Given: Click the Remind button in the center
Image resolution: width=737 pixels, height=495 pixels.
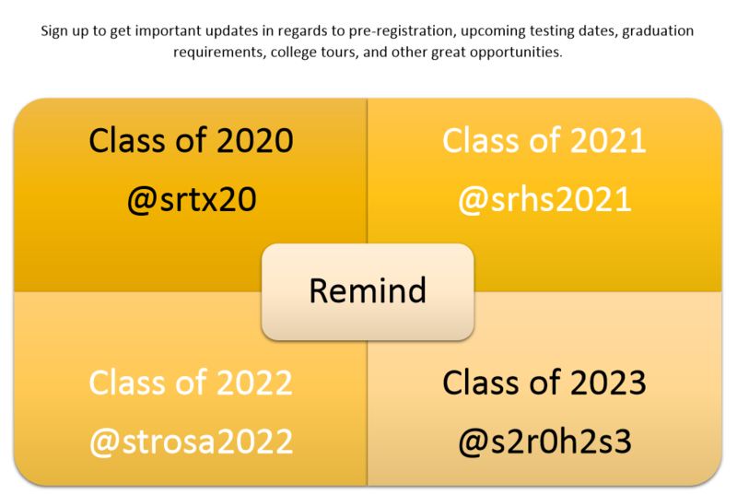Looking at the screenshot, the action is [368, 291].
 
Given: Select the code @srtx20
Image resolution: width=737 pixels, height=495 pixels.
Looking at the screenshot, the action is [192, 200].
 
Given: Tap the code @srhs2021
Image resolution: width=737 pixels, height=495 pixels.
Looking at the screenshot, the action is [544, 200].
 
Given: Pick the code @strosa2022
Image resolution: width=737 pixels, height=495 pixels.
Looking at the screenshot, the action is [192, 442].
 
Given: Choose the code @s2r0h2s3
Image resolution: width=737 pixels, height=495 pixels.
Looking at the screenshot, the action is [544, 442].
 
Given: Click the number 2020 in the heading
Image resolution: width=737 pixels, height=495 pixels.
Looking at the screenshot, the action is [255, 141].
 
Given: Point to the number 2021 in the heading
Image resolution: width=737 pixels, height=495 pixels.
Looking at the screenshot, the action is [608, 141].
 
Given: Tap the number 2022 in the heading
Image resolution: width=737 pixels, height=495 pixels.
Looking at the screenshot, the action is [255, 383].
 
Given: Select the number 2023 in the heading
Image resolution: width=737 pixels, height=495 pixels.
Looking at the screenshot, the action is [608, 383].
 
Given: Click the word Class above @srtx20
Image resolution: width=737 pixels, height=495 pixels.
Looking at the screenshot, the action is [127, 140].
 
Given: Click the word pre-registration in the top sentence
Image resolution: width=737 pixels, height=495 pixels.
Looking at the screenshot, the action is [401, 31].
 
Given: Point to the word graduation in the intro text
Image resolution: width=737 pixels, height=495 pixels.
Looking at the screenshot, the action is [658, 31].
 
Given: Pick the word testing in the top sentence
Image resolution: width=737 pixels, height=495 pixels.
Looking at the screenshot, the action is [551, 31].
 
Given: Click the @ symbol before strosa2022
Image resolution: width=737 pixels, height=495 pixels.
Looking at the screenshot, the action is [104, 442].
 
